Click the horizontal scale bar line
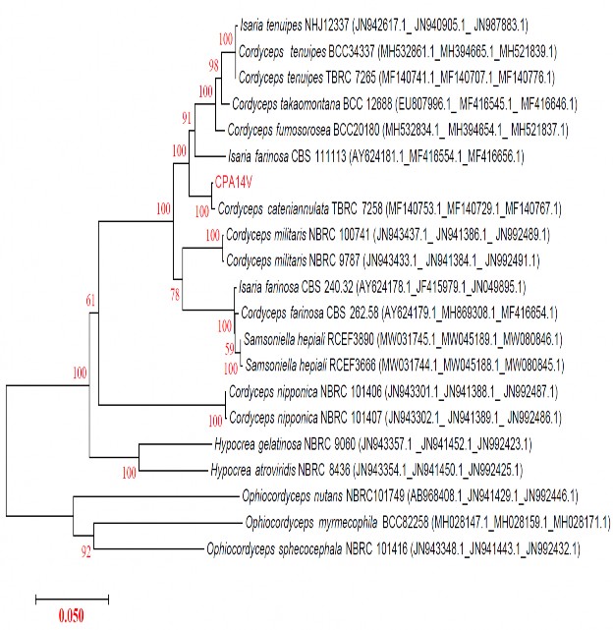point(72,597)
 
